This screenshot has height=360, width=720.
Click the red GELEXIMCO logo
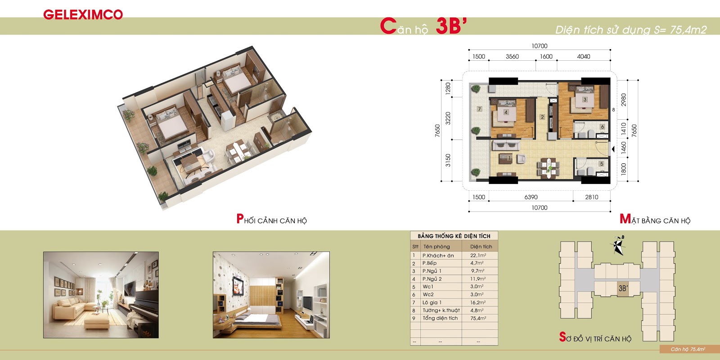[x=83, y=14]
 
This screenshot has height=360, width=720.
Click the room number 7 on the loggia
[x=479, y=109]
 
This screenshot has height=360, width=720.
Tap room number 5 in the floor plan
[x=601, y=164]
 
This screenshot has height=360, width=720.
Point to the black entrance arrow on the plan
[x=613, y=149]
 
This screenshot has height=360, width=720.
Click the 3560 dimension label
[x=512, y=57]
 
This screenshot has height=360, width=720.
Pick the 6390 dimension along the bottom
[x=531, y=197]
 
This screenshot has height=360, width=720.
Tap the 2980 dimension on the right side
[x=624, y=99]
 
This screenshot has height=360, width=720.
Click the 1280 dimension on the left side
[x=448, y=89]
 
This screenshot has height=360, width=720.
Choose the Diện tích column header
[x=481, y=247]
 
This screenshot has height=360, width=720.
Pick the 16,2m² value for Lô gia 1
[x=478, y=302]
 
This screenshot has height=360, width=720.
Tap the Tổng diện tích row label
[x=440, y=318]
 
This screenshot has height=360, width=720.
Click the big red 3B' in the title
[x=450, y=26]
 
